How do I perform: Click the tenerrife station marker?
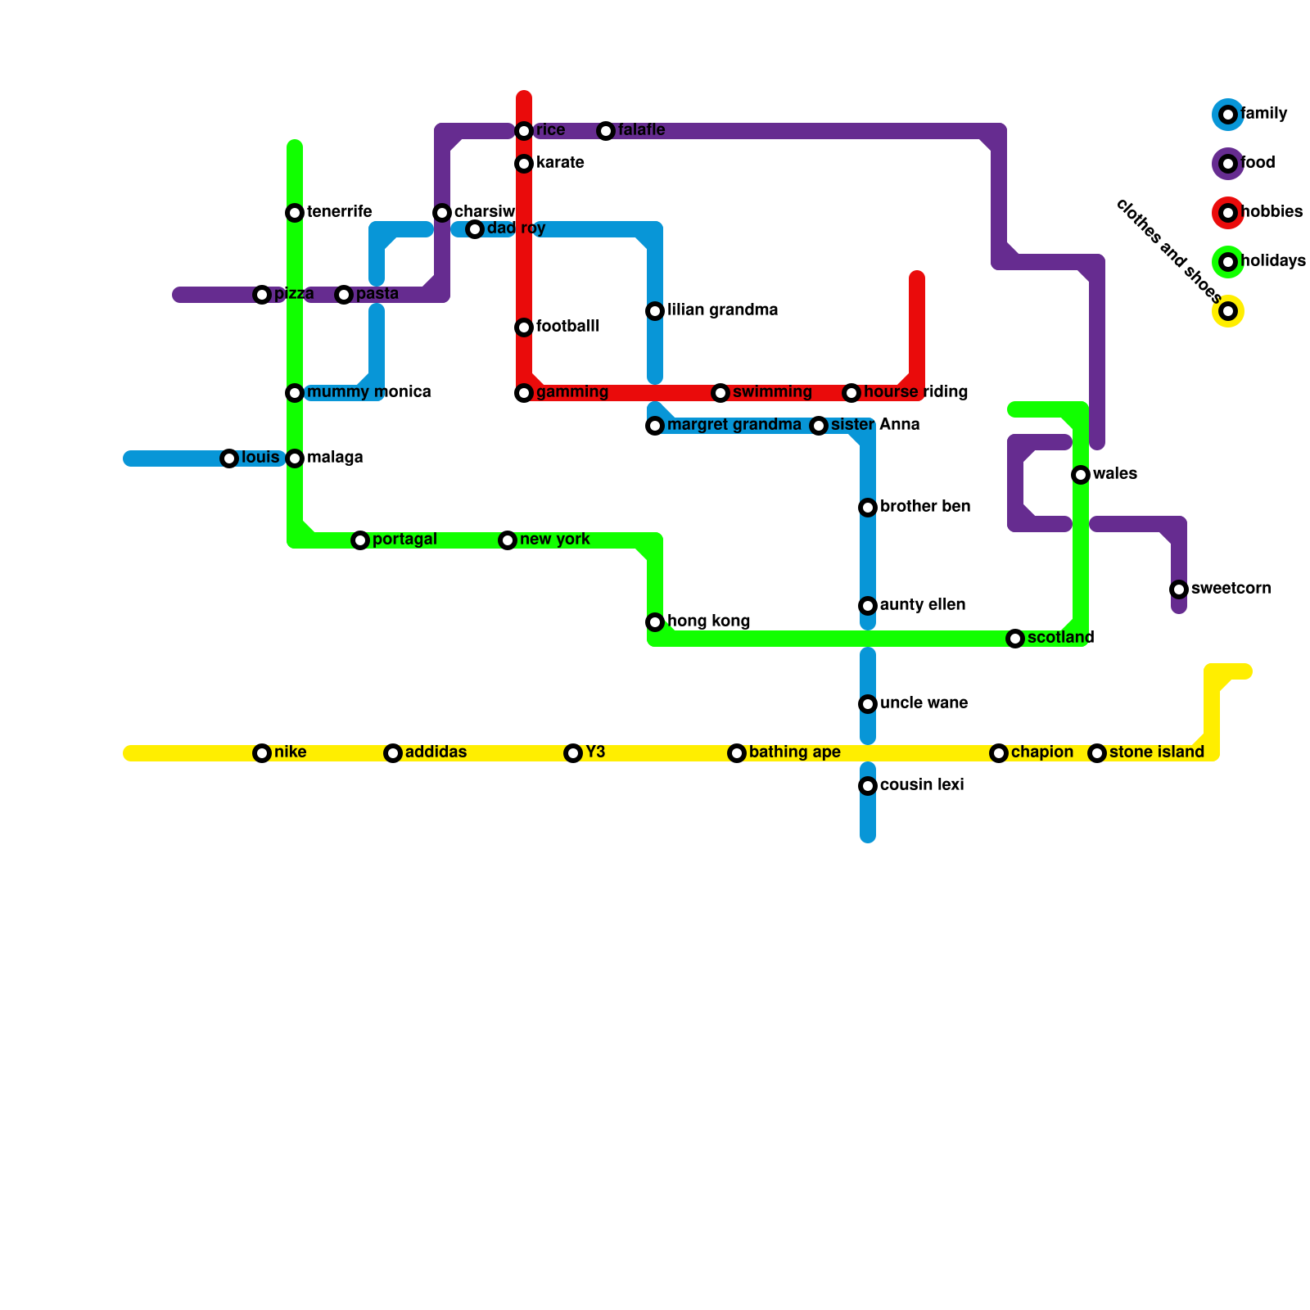tap(295, 213)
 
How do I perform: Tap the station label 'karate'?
tap(560, 163)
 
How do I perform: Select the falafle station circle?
tap(606, 131)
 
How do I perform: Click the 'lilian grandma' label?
tap(722, 310)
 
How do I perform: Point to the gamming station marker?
tap(524, 393)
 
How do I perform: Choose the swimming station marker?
tap(720, 393)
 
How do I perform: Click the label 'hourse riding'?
tap(915, 392)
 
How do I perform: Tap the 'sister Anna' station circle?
tap(819, 426)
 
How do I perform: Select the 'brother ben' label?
tap(925, 507)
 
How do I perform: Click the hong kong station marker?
tap(655, 622)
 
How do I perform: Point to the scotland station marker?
tap(1015, 639)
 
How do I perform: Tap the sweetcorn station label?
tap(1231, 589)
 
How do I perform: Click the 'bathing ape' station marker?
tap(737, 753)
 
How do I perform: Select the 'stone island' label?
tap(1156, 752)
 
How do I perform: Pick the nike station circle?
tap(262, 753)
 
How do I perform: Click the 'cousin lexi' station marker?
tap(868, 786)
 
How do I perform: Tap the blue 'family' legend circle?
tap(1228, 115)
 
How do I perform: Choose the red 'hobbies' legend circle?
tap(1228, 213)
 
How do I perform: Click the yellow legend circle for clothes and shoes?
tap(1228, 311)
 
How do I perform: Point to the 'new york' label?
tap(554, 540)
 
